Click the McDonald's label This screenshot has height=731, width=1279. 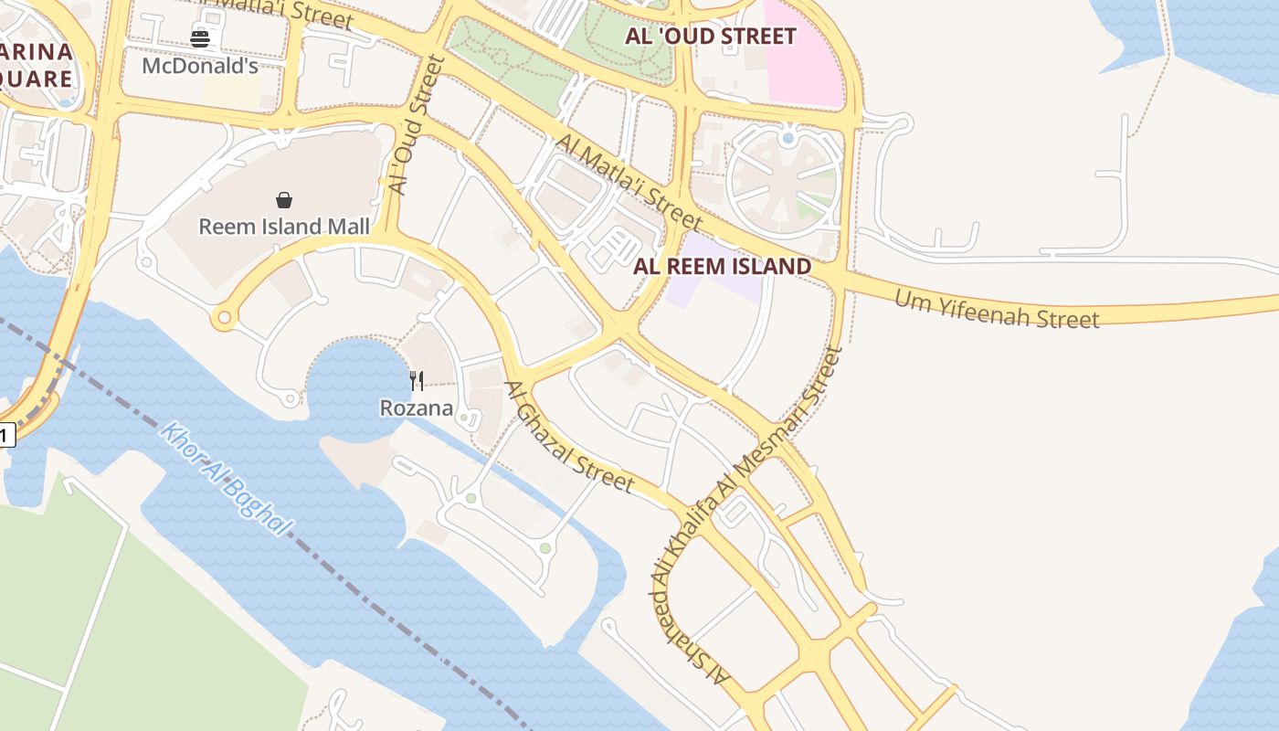click(x=200, y=66)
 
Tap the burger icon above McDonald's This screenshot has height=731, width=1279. click(x=200, y=38)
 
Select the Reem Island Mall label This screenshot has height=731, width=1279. click(x=284, y=227)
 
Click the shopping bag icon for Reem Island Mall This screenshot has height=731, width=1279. click(x=284, y=200)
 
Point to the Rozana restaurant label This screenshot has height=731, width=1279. click(x=417, y=408)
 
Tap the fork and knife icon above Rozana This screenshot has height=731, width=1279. click(x=417, y=381)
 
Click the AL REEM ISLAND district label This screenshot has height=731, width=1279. click(x=722, y=267)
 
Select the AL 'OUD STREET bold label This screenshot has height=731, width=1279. click(x=711, y=37)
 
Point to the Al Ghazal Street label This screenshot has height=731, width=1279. click(x=569, y=437)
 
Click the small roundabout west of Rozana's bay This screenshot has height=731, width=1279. click(x=290, y=398)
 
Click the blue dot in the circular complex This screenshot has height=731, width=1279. click(x=787, y=139)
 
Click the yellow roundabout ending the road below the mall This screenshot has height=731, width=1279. click(x=223, y=319)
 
